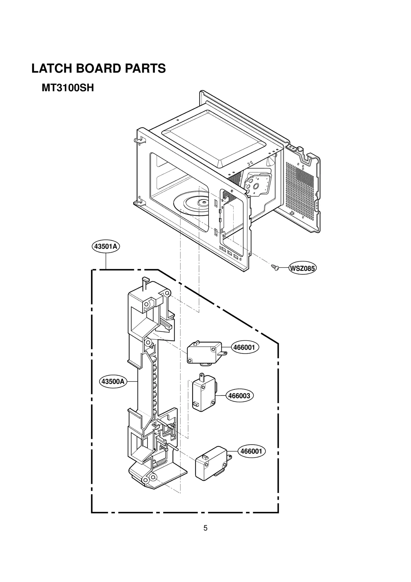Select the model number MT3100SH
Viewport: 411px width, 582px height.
(68, 88)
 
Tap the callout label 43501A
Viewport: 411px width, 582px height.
(106, 247)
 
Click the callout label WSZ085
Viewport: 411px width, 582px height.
(302, 269)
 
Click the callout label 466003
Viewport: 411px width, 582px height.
(239, 396)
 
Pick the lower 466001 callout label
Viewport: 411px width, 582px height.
(251, 451)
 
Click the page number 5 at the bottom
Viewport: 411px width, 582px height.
(205, 528)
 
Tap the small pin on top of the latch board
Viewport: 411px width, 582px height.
(145, 280)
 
